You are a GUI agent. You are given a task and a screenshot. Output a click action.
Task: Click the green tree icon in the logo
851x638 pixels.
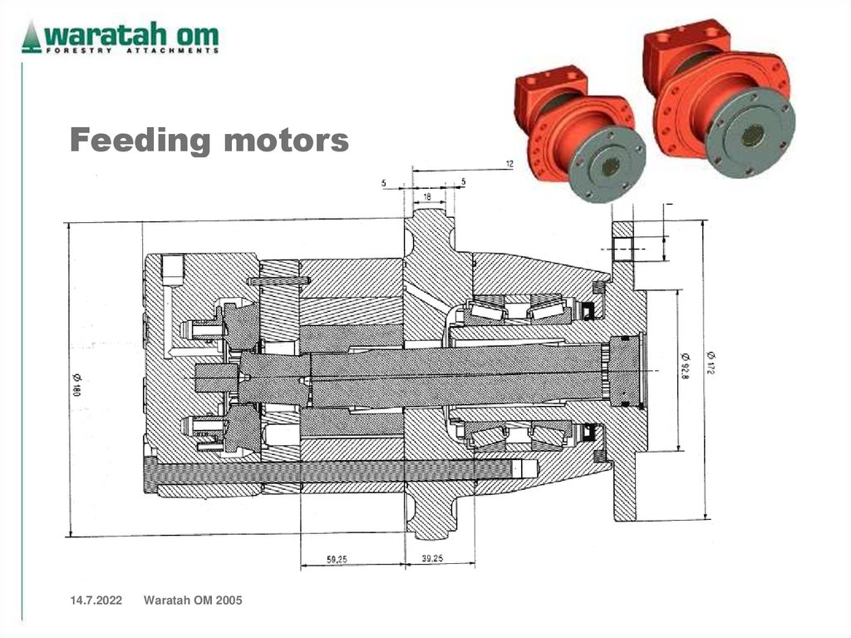(32, 37)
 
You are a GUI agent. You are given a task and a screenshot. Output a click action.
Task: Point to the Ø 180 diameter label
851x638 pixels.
(76, 384)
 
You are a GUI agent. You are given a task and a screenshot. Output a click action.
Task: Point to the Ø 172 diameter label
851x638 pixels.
(711, 362)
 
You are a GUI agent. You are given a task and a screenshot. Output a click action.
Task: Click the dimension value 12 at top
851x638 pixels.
(509, 165)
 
